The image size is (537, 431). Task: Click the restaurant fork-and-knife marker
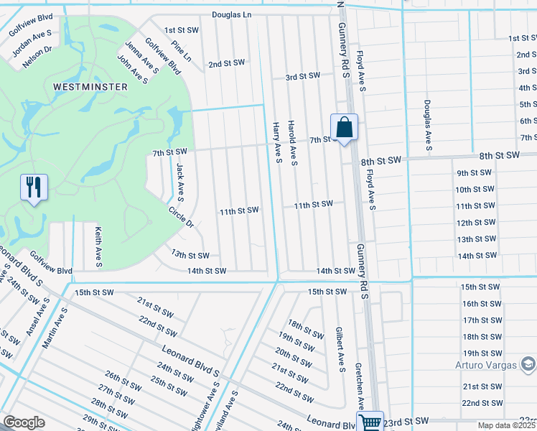pos(34,188)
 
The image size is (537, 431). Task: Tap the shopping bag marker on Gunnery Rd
pos(344,127)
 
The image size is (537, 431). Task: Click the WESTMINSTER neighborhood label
pos(90,86)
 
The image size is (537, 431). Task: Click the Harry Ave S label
pos(276,142)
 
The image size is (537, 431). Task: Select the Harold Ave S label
pos(292,142)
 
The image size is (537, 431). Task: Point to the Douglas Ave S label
pos(427,125)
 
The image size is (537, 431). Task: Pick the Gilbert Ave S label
pos(340,350)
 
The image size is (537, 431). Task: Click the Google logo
pos(24,422)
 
